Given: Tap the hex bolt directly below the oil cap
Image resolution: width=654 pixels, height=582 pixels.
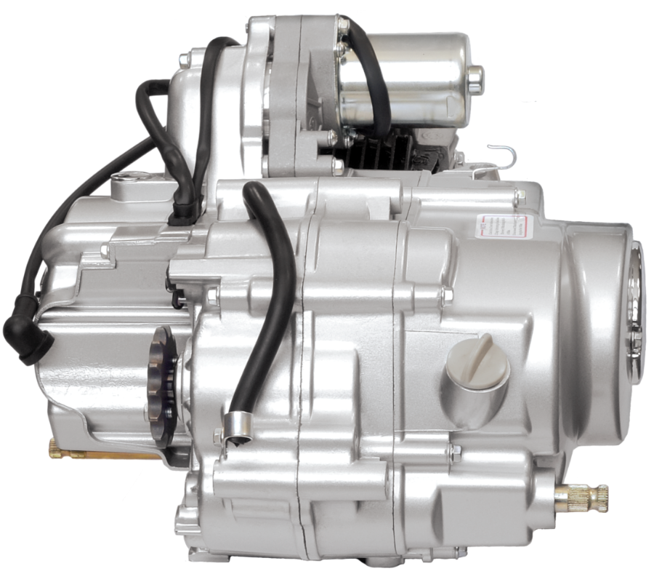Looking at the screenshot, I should click(x=456, y=453).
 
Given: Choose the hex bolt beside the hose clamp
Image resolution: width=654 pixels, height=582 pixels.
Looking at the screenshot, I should click(x=217, y=436).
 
